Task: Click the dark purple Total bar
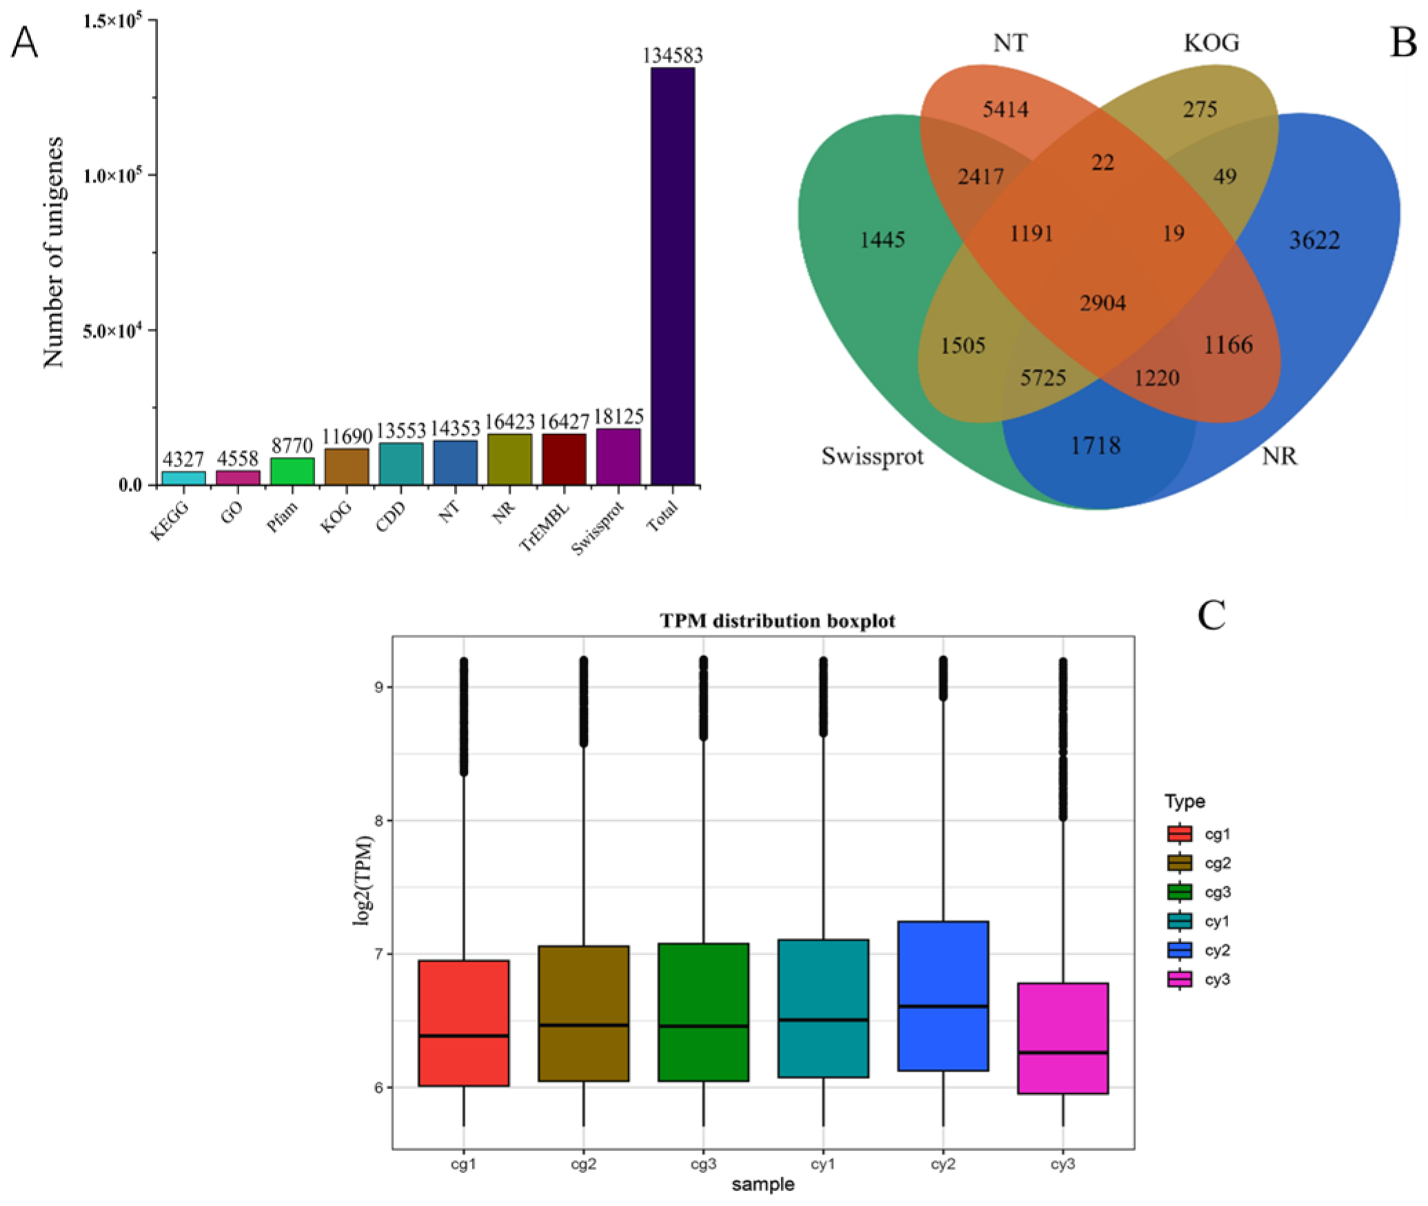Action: click(673, 276)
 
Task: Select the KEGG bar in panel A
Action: click(183, 478)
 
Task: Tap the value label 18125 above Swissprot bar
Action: click(618, 416)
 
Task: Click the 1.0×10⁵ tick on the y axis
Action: click(112, 174)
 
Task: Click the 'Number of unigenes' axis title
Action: click(53, 252)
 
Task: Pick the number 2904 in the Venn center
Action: click(1103, 303)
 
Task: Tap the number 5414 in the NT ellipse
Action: click(1006, 109)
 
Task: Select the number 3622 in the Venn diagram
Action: click(1314, 240)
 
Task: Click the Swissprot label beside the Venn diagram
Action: click(872, 456)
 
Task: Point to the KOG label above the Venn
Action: click(1211, 43)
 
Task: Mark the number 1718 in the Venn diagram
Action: click(1095, 445)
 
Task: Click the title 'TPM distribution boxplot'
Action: click(777, 621)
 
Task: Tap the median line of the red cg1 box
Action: click(463, 1035)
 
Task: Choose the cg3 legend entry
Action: click(1199, 892)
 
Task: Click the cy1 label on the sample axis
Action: click(823, 1163)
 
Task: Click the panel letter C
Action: click(1211, 615)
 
